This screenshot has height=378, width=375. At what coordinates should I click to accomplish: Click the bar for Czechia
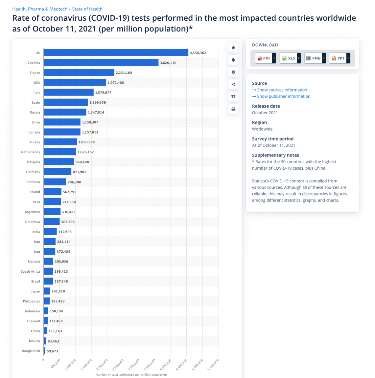click(x=101, y=63)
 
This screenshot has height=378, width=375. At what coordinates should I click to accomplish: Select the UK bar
click(x=116, y=52)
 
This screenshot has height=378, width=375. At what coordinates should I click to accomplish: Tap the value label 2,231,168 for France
click(x=124, y=73)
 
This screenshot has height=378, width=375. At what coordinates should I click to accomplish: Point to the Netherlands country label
click(x=31, y=152)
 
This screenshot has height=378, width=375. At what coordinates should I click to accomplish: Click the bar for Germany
click(x=58, y=172)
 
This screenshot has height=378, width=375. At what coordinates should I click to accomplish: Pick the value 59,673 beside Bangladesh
click(x=53, y=351)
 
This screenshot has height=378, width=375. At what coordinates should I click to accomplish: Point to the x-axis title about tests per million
click(x=131, y=374)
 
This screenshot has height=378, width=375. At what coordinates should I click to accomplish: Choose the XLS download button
click(x=290, y=58)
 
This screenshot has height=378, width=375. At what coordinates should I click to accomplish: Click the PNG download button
click(x=315, y=58)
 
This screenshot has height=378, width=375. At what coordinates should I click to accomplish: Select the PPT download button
click(x=339, y=58)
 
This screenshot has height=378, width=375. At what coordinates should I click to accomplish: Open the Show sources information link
click(x=282, y=90)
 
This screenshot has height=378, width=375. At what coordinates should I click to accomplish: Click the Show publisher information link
click(x=284, y=96)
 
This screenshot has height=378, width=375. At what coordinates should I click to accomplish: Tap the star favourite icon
click(x=233, y=48)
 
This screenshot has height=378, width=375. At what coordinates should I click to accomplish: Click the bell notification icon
click(x=233, y=60)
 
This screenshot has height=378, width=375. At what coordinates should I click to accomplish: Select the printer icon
click(x=233, y=109)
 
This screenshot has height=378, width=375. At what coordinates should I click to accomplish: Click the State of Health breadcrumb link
click(x=87, y=9)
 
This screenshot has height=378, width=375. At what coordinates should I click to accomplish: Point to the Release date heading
click(x=266, y=106)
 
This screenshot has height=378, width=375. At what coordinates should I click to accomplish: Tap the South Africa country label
click(x=31, y=272)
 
